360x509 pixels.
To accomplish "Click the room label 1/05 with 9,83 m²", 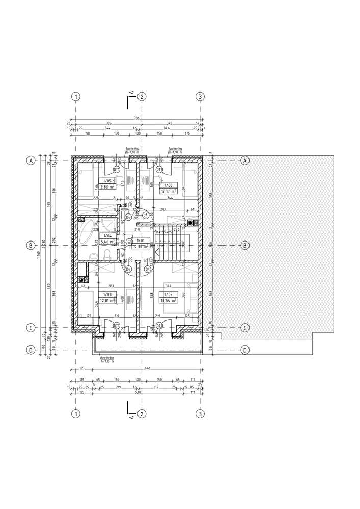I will click(x=107, y=184).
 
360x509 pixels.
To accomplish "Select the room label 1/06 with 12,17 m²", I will click(x=168, y=188).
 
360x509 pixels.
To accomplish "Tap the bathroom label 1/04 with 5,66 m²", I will click(x=107, y=239).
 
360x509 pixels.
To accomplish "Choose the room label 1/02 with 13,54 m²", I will click(x=168, y=297).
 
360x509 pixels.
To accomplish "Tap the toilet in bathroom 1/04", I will click(x=107, y=254).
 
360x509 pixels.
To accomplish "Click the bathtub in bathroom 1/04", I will click(x=86, y=235).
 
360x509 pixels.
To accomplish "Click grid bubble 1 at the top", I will click(x=75, y=96).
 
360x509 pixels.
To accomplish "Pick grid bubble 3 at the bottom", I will click(x=200, y=413).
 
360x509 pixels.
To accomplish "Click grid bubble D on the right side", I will click(x=245, y=350).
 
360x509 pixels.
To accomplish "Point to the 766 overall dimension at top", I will click(x=137, y=118).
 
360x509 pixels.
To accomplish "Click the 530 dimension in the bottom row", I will click(x=137, y=392).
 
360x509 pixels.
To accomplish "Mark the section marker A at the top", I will click(x=131, y=93).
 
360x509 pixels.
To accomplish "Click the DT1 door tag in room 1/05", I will click(x=117, y=169).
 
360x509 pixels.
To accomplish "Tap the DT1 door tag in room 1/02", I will click(x=159, y=325).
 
